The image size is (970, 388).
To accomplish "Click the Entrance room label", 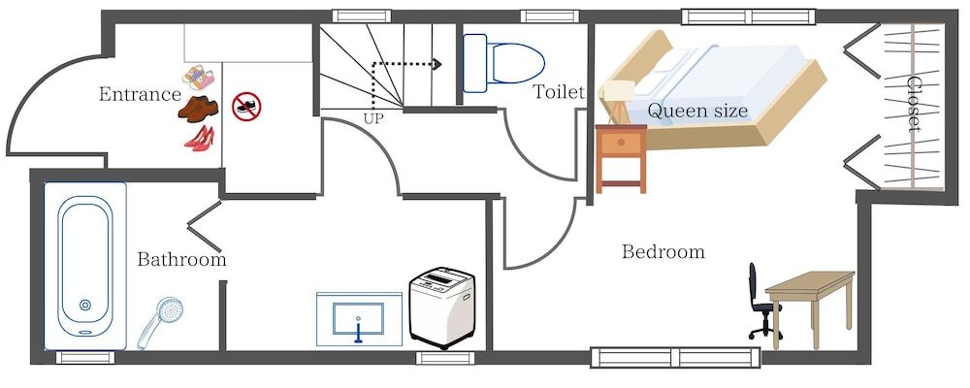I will pyautogui.click(x=140, y=94).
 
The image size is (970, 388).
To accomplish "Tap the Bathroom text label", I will pyautogui.click(x=181, y=260).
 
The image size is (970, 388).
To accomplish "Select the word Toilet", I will pyautogui.click(x=559, y=92).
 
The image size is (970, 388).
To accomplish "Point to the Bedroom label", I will pyautogui.click(x=663, y=252).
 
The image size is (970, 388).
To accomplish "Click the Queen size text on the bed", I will pyautogui.click(x=697, y=111).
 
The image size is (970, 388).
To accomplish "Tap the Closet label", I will pyautogui.click(x=914, y=108).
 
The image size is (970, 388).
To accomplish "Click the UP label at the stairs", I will pyautogui.click(x=372, y=118).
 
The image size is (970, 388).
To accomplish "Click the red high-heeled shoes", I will pyautogui.click(x=198, y=139).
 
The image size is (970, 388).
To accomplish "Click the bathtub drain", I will pyautogui.click(x=85, y=306).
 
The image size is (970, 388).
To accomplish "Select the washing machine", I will pyautogui.click(x=441, y=307).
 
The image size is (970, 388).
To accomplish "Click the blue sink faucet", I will pyautogui.click(x=358, y=330).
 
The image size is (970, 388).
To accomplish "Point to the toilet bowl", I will pyautogui.click(x=515, y=63).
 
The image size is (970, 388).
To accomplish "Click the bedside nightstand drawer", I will pyautogui.click(x=621, y=145).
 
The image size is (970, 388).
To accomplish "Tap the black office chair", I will pyautogui.click(x=761, y=302).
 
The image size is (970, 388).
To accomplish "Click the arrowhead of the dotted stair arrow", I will pyautogui.click(x=437, y=64).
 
